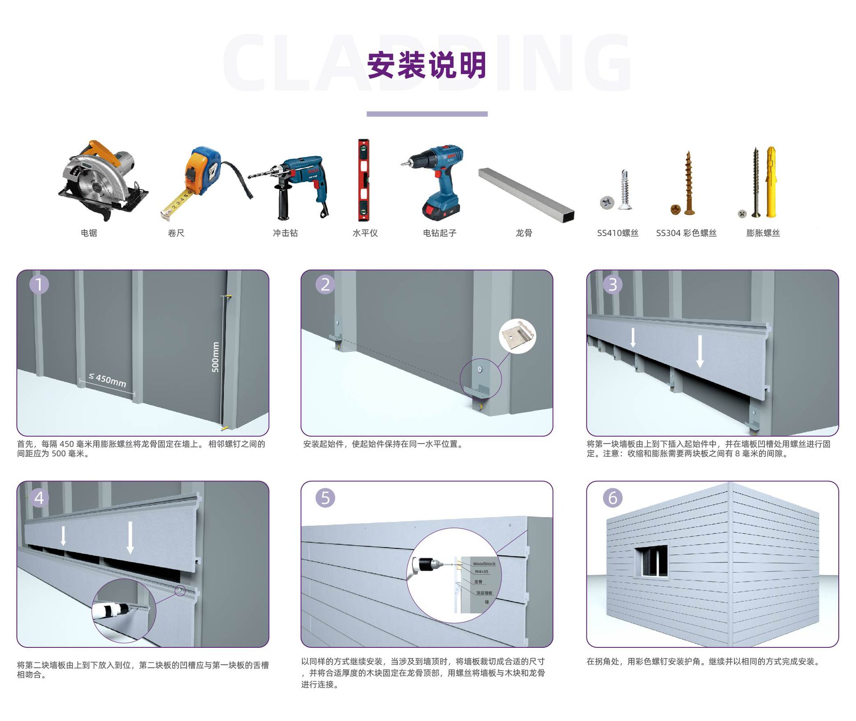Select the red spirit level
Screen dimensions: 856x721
(364, 180)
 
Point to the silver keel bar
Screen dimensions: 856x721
(526, 195)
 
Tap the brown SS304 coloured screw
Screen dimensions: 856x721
(687, 183)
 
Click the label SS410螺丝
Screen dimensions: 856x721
(617, 233)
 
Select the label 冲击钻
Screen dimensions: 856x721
(285, 233)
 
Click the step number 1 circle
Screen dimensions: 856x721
(39, 284)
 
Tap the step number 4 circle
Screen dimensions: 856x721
(39, 498)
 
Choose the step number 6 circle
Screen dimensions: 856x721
(613, 498)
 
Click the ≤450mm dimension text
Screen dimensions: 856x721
(107, 380)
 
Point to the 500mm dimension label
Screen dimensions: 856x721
(215, 357)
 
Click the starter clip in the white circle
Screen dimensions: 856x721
(518, 336)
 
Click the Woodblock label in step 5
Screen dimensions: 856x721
(484, 564)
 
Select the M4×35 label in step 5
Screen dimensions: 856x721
(481, 572)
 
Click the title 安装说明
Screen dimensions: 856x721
(427, 66)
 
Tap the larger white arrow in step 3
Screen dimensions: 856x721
(700, 352)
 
